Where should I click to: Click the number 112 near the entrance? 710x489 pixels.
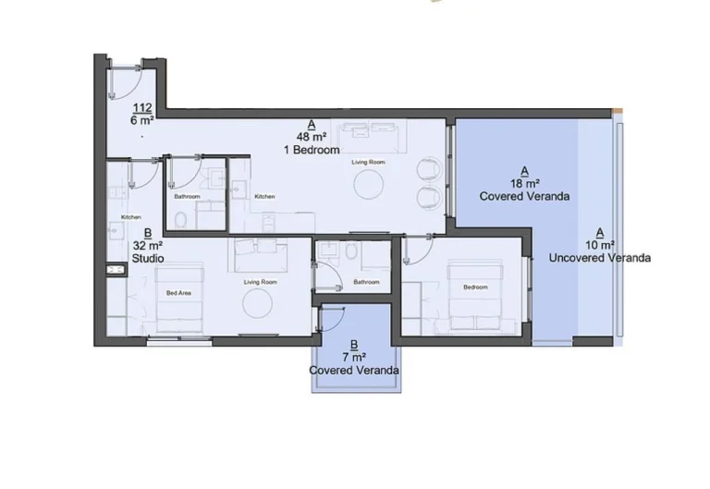point(141,107)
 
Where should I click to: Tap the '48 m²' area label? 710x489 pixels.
point(311,137)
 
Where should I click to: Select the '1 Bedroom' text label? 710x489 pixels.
point(312,150)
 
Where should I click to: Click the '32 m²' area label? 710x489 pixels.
point(147,246)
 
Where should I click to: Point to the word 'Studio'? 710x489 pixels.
point(148,259)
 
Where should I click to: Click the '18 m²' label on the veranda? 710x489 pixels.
point(524,184)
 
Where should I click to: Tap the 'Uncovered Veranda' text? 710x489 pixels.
point(599,258)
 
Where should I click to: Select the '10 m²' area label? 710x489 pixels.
point(599,245)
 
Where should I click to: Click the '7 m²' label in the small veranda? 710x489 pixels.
point(354,357)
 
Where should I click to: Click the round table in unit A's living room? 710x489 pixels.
point(369,186)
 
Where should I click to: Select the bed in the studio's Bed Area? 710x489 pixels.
point(178,299)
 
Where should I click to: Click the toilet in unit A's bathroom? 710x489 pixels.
point(181,218)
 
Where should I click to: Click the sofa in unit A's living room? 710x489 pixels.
point(369,137)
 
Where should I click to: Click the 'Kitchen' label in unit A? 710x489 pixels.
point(265,196)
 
